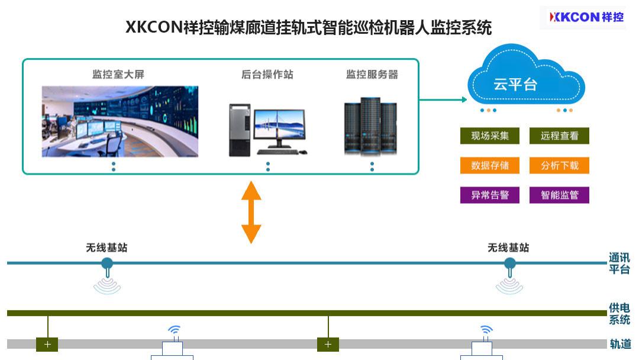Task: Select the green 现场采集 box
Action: click(489, 136)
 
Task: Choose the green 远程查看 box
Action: click(559, 136)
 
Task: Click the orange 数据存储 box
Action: click(489, 165)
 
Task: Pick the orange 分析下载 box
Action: click(559, 165)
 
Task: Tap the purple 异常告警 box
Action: click(489, 195)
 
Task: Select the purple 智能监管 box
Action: click(559, 195)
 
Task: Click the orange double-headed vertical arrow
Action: click(251, 212)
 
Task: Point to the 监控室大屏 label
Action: click(118, 75)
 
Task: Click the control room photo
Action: click(120, 121)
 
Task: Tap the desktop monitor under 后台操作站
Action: click(279, 127)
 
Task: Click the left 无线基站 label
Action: click(106, 247)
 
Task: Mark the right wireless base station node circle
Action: click(509, 263)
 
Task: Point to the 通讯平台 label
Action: click(619, 263)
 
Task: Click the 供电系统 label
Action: click(619, 314)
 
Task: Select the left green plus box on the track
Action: click(47, 344)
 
